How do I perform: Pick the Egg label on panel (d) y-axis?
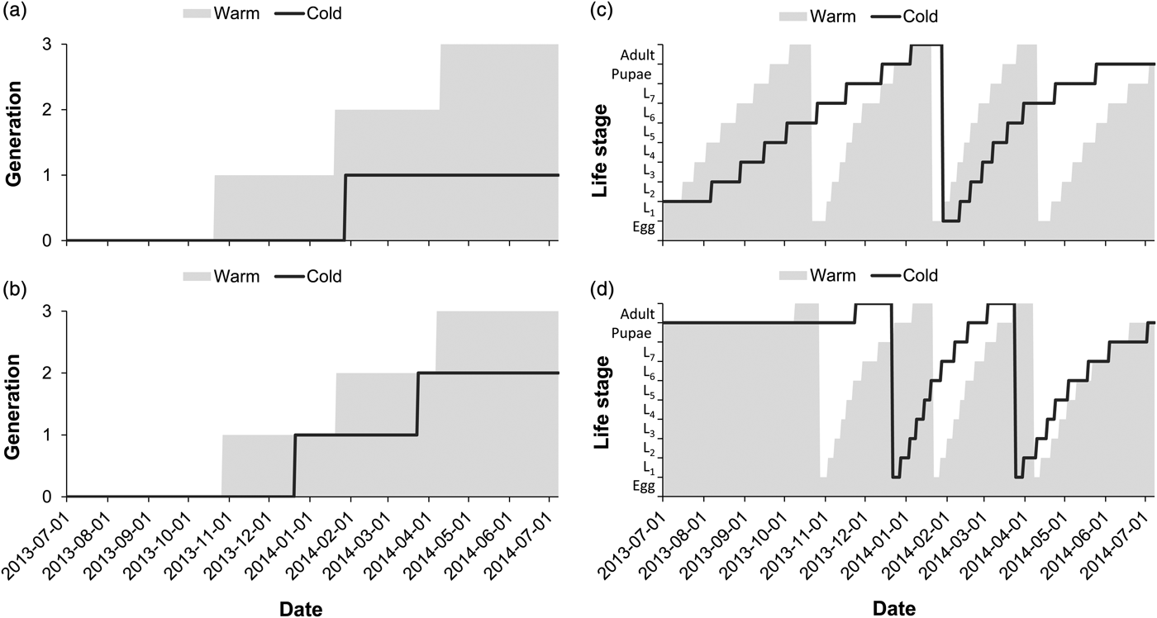pos(642,487)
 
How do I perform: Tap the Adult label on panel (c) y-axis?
pos(637,55)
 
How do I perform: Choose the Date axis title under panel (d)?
pos(893,609)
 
